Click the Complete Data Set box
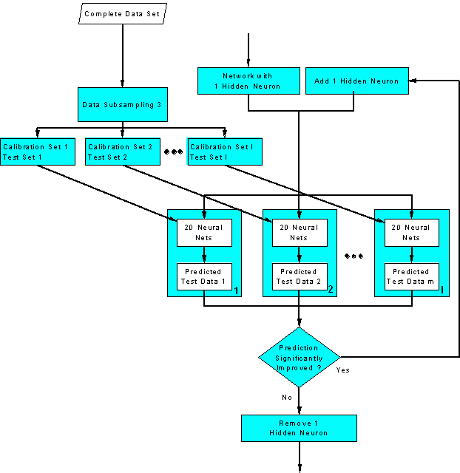(122, 14)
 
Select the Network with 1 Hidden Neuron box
(248, 81)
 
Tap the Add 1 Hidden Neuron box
(356, 81)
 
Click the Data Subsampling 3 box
(122, 105)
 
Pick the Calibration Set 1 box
(37, 152)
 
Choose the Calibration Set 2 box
(122, 152)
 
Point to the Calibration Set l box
(224, 152)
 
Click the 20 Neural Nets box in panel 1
(204, 233)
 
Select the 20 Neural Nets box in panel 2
(299, 233)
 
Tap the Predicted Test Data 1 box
(204, 276)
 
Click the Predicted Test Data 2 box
(299, 276)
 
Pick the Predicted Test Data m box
(411, 276)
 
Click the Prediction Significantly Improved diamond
(299, 358)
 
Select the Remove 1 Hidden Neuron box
(299, 428)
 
